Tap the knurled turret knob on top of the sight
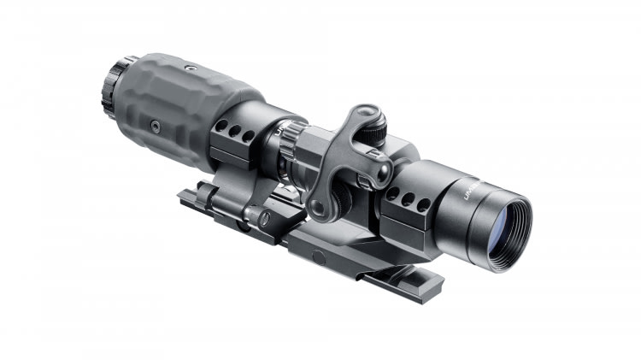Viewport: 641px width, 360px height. tap(376, 128)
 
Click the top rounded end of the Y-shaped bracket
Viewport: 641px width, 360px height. tap(365, 112)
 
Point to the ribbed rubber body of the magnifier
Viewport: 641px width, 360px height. tap(188, 98)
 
